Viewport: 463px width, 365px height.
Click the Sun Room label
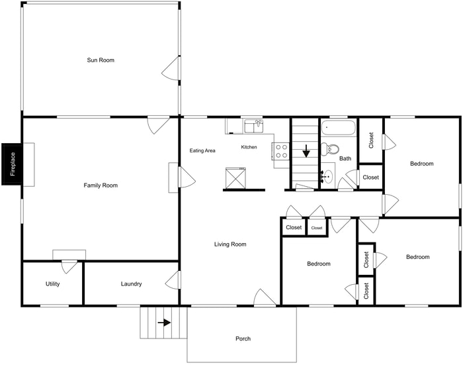point(101,60)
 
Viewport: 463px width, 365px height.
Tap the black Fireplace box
point(13,164)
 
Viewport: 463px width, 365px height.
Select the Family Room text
point(101,185)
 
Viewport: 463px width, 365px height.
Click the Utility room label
point(53,284)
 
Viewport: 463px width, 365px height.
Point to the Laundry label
point(131,284)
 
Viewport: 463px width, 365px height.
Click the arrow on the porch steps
point(163,323)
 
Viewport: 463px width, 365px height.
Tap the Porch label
point(243,339)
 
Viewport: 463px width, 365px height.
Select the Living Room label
point(230,244)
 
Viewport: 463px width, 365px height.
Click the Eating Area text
point(202,151)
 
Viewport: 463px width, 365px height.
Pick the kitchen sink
point(253,126)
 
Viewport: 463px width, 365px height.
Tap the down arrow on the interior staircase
point(306,151)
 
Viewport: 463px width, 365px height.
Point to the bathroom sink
point(327,177)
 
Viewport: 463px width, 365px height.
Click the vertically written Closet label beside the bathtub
point(371,140)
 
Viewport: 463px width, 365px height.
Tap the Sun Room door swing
point(172,68)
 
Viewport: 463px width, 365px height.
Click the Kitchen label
point(249,147)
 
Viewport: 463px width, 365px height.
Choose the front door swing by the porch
point(263,298)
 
